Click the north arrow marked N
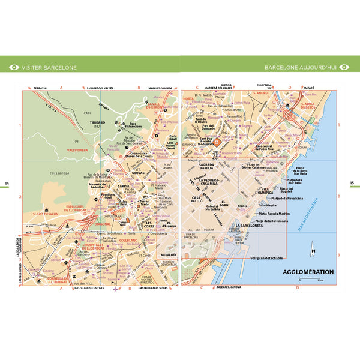click(313, 252)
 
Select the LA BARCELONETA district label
click(254, 226)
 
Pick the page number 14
click(7, 184)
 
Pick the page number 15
click(353, 184)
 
